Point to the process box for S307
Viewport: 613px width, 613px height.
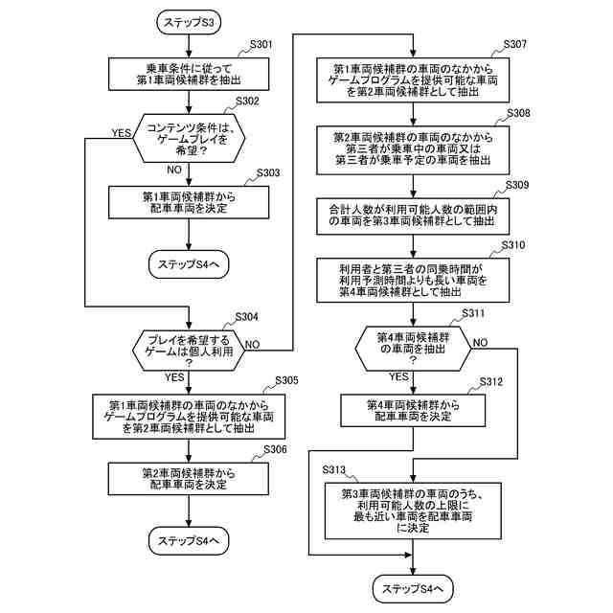(413, 82)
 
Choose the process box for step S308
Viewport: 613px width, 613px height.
(413, 149)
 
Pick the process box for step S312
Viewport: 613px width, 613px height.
(413, 412)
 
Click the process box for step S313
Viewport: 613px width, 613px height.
(413, 509)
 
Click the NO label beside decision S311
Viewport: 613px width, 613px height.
(480, 342)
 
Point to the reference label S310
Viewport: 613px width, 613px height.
(512, 245)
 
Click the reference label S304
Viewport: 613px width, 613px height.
(246, 317)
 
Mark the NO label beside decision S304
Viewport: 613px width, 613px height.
(254, 344)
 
